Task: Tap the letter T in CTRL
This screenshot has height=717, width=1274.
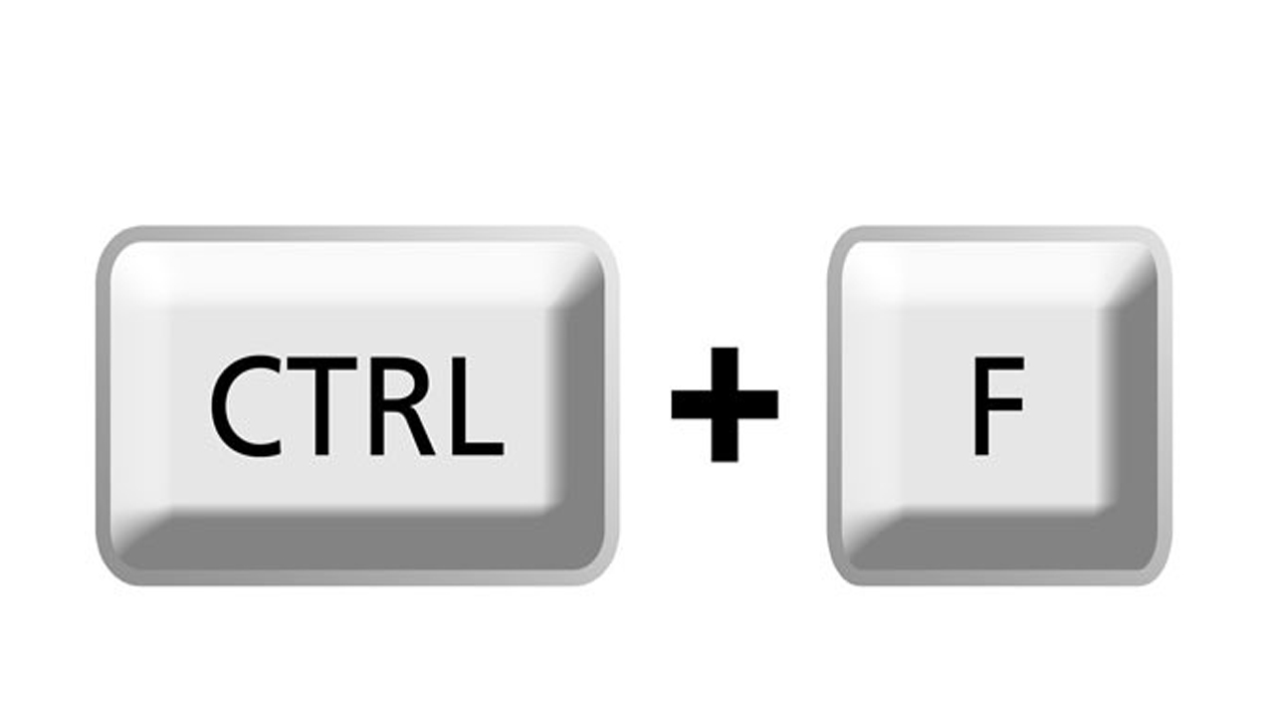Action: point(321,406)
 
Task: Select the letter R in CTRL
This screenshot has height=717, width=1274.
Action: point(402,406)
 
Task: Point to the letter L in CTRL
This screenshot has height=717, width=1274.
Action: point(477,406)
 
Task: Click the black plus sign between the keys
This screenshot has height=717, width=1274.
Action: point(725,404)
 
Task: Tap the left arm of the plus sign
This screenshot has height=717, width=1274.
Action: point(691,404)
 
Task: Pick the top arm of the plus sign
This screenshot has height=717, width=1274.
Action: point(725,368)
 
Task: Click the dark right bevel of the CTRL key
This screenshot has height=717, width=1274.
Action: point(577,409)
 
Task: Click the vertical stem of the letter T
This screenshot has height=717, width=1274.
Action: point(321,412)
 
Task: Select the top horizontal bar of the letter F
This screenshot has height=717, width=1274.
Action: point(999,363)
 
